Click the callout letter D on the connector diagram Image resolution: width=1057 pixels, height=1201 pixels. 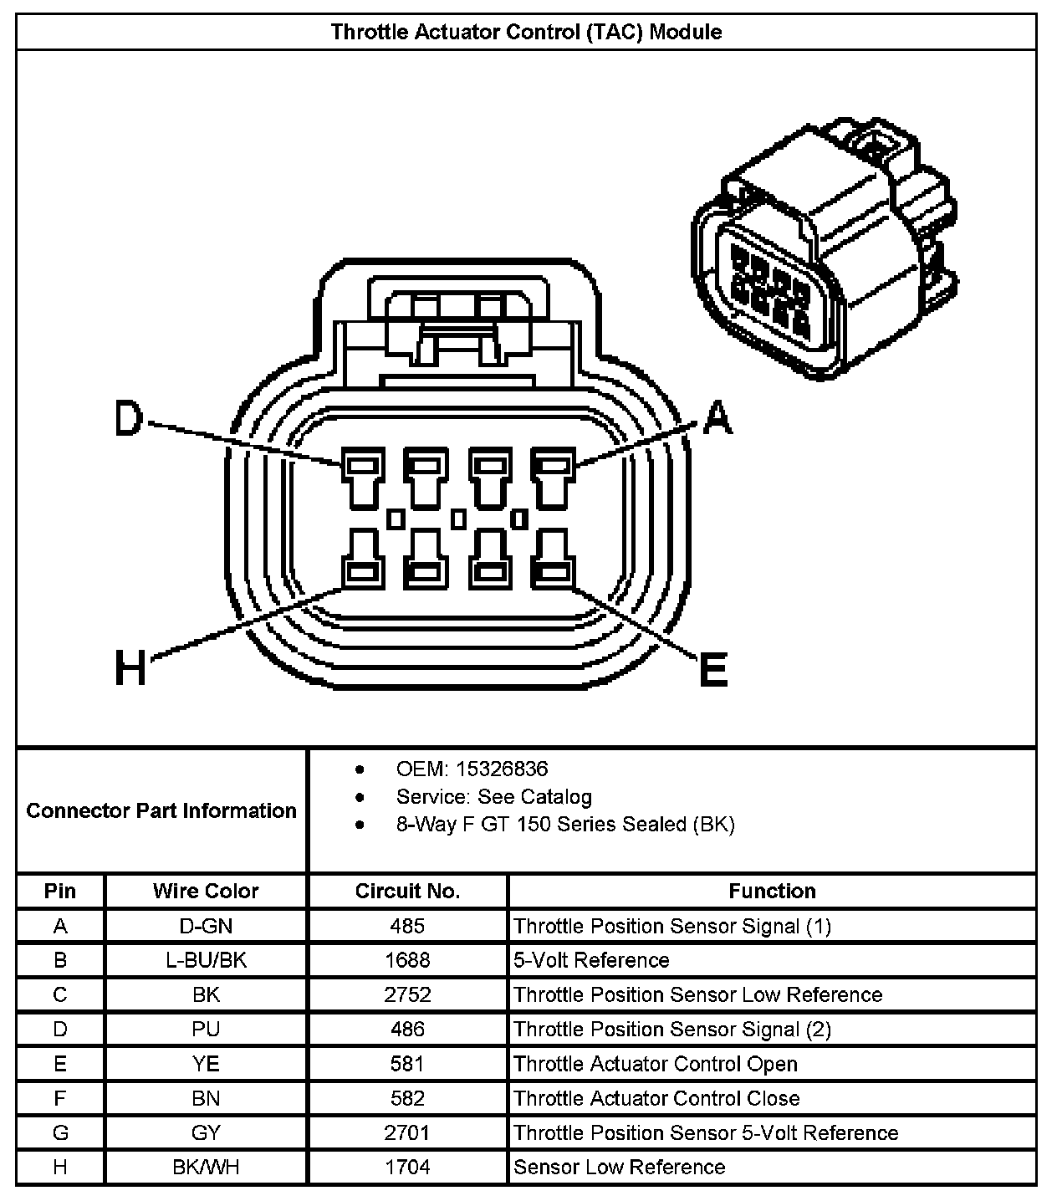[129, 419]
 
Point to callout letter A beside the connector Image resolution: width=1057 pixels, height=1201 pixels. [717, 418]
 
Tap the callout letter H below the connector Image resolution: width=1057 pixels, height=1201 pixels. [130, 668]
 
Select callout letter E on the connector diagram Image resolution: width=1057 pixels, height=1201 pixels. [712, 669]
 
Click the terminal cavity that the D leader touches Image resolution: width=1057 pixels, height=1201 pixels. [362, 480]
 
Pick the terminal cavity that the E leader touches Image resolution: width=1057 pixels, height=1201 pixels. [552, 559]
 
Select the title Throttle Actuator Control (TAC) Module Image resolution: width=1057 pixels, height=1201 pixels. [526, 33]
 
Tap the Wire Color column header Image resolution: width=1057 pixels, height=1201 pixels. [206, 891]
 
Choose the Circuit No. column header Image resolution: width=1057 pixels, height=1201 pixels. [407, 891]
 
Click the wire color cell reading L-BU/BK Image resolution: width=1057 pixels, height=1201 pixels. [206, 960]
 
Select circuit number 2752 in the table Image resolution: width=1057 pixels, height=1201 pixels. [407, 994]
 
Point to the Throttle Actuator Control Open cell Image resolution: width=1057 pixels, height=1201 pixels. [656, 1064]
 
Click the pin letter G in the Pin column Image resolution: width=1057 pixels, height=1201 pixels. [60, 1132]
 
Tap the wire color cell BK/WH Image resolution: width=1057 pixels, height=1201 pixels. [206, 1167]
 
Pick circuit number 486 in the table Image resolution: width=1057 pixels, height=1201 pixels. [407, 1029]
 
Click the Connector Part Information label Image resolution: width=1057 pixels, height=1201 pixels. [161, 810]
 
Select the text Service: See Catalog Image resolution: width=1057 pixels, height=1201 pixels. [493, 796]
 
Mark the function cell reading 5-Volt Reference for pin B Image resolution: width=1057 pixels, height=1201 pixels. [591, 960]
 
